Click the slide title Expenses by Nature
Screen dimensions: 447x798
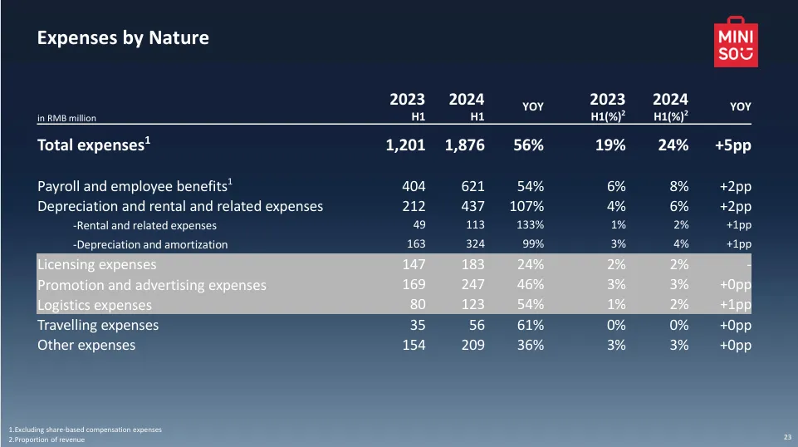123,37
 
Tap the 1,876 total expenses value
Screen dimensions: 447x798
465,145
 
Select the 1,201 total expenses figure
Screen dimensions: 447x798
406,145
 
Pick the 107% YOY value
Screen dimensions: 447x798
526,206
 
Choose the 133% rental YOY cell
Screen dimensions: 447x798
529,225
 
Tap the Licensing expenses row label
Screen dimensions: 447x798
96,265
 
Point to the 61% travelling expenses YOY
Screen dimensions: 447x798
529,325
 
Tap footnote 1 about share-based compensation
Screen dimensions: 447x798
85,430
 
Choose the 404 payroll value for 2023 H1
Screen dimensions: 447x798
414,185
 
